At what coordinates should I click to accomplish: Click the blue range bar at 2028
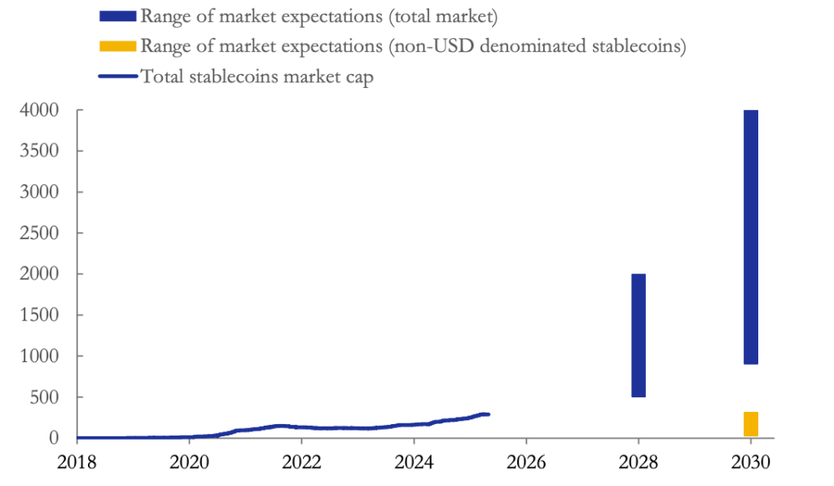point(639,335)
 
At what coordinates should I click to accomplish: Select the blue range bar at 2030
point(751,237)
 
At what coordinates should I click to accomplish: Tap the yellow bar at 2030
point(751,424)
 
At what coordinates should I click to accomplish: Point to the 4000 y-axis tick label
point(39,110)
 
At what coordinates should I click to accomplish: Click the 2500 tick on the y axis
point(39,233)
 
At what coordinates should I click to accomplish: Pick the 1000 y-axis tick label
point(39,357)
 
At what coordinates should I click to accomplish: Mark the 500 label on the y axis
point(44,397)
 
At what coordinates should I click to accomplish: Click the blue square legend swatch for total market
point(117,16)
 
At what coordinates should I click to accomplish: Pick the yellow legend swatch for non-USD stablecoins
point(117,46)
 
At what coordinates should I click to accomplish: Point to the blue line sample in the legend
point(117,77)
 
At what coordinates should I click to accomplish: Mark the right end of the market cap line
point(488,414)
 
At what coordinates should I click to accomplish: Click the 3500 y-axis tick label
point(39,151)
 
